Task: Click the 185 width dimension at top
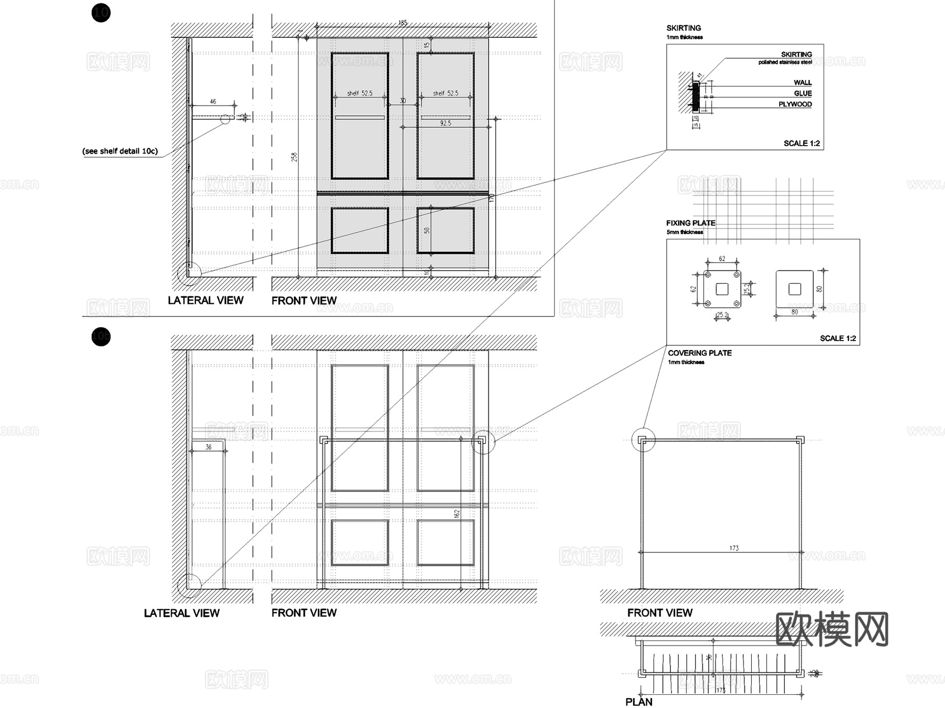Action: (x=403, y=23)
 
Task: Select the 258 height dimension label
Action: (x=294, y=157)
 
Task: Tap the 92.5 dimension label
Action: (x=445, y=123)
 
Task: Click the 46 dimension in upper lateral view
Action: (x=213, y=101)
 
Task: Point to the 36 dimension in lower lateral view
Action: (x=208, y=447)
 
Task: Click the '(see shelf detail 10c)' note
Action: (x=120, y=151)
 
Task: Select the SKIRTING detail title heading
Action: (x=684, y=28)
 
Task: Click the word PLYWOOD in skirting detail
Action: (x=795, y=104)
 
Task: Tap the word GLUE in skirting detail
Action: (x=803, y=93)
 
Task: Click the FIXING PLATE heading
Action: (x=690, y=223)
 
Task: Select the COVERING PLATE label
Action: (x=699, y=353)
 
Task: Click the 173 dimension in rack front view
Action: (x=733, y=548)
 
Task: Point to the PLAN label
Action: (x=639, y=702)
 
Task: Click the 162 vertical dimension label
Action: (x=456, y=514)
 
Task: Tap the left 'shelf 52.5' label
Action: (x=360, y=93)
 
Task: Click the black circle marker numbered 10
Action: (x=101, y=12)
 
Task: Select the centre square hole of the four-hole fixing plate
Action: (x=722, y=289)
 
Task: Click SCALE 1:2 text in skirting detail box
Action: (x=801, y=143)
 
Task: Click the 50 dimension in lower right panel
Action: (x=427, y=230)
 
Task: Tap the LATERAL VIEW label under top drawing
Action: (x=205, y=300)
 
